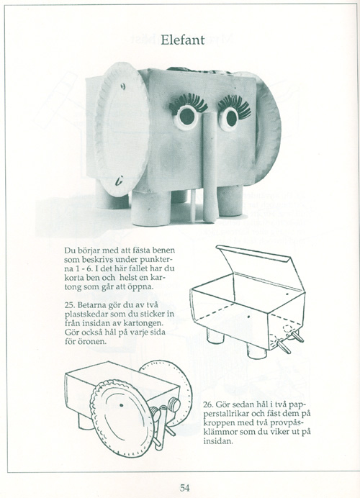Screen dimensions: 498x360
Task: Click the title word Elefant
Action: click(x=183, y=40)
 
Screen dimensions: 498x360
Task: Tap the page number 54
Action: click(x=185, y=487)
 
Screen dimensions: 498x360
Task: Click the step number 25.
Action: click(x=70, y=304)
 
